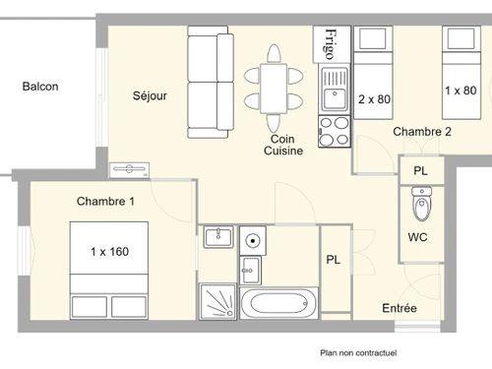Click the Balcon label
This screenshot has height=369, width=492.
40,87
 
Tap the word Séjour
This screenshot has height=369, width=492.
151,96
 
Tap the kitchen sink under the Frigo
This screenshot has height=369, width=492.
334,90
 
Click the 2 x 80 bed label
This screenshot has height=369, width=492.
374,99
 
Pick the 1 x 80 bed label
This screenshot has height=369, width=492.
461,92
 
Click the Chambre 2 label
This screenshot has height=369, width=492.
422,132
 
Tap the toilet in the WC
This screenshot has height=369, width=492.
422,207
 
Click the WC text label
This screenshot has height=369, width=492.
418,238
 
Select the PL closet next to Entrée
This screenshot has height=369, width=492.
335,260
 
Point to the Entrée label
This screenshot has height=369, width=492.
400,309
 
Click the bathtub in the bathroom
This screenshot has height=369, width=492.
279,303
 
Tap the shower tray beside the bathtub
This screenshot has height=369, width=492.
218,303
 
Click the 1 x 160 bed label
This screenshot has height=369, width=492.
109,252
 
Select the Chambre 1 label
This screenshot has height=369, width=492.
105,202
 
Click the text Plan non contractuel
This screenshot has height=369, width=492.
359,352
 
